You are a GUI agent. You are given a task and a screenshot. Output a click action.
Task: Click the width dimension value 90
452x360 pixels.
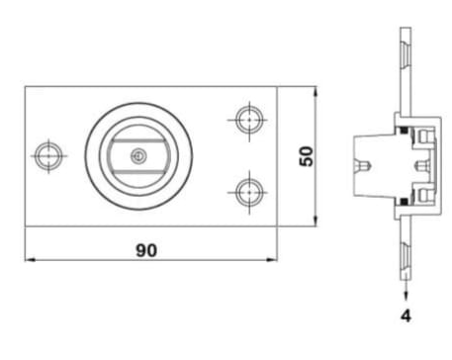145,250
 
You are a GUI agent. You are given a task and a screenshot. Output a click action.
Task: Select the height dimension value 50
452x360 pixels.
308,155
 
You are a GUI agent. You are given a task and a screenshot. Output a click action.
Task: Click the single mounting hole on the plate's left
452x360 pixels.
45,155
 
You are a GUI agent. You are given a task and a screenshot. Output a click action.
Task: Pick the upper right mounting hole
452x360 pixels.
247,120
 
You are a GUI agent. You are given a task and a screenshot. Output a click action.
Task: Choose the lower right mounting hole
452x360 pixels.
247,189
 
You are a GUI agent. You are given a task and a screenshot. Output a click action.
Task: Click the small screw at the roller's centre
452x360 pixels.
140,155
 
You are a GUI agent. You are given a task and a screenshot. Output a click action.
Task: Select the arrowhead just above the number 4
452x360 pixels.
406,294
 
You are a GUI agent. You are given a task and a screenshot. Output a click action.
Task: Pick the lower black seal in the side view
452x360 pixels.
405,206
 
